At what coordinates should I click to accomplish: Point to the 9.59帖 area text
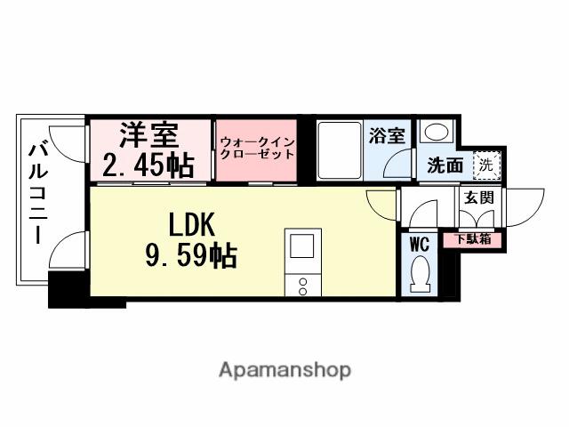pos(190,256)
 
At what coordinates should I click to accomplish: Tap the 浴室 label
pos(387,136)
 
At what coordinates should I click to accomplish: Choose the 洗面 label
pos(445,165)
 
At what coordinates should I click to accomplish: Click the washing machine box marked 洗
pos(485,164)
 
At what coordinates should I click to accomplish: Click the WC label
pos(420,241)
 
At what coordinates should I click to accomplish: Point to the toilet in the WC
pos(421,273)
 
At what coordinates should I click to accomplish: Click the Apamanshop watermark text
pos(284,369)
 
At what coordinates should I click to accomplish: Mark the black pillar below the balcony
pos(67,290)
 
